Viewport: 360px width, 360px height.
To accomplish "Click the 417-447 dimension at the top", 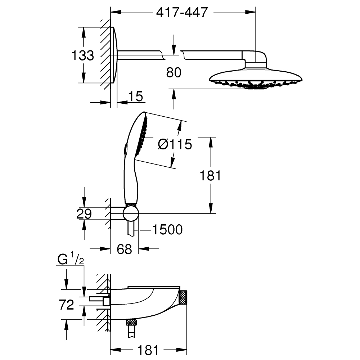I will coord(182,13).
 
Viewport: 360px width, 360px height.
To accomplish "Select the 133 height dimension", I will coord(83,56).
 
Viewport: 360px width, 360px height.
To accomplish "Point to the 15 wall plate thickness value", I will coord(135,96).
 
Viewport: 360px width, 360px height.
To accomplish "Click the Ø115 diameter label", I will coord(175,144).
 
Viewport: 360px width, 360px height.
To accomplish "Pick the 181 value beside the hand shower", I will coord(210,175).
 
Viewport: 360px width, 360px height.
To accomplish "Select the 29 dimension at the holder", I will coord(84,214).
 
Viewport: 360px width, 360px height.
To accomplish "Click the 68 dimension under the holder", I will coord(125,249).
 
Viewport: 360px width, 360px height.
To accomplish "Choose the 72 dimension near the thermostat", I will coord(66,305).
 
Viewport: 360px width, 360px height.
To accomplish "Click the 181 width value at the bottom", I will coord(148,349).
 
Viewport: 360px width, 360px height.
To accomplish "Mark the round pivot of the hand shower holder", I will coord(130,214).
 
